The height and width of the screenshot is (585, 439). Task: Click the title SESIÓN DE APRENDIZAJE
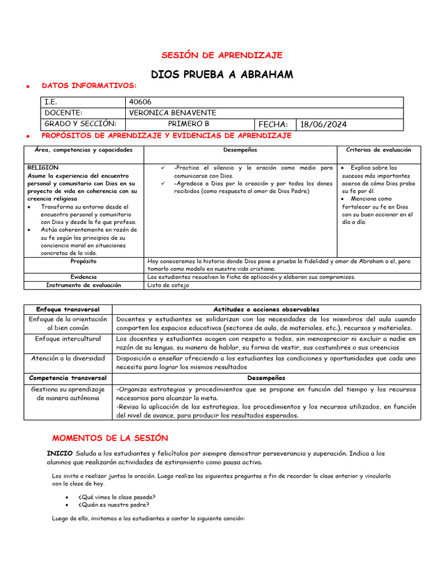click(222, 55)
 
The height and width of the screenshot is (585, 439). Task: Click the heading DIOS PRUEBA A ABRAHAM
click(222, 75)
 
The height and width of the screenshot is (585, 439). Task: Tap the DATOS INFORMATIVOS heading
click(89, 86)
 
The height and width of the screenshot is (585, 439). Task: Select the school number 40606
click(140, 102)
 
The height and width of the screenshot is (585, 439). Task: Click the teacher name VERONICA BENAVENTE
click(173, 113)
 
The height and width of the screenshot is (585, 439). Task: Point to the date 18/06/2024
click(324, 125)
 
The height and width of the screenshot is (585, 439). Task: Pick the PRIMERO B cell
click(189, 124)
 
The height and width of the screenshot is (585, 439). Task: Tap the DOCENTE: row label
click(63, 113)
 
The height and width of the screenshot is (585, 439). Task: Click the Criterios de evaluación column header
click(378, 150)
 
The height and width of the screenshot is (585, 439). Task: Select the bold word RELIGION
click(43, 168)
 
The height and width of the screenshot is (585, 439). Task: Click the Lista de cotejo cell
click(166, 285)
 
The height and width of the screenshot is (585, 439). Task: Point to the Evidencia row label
click(83, 277)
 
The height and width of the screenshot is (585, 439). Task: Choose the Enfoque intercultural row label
click(68, 339)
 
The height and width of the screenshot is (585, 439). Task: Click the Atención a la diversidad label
click(68, 358)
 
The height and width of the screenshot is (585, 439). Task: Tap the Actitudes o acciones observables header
click(266, 310)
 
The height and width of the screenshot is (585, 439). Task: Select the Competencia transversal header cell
click(68, 378)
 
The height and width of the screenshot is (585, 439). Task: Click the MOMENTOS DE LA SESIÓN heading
click(110, 438)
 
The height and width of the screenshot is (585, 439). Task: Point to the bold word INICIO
click(59, 454)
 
